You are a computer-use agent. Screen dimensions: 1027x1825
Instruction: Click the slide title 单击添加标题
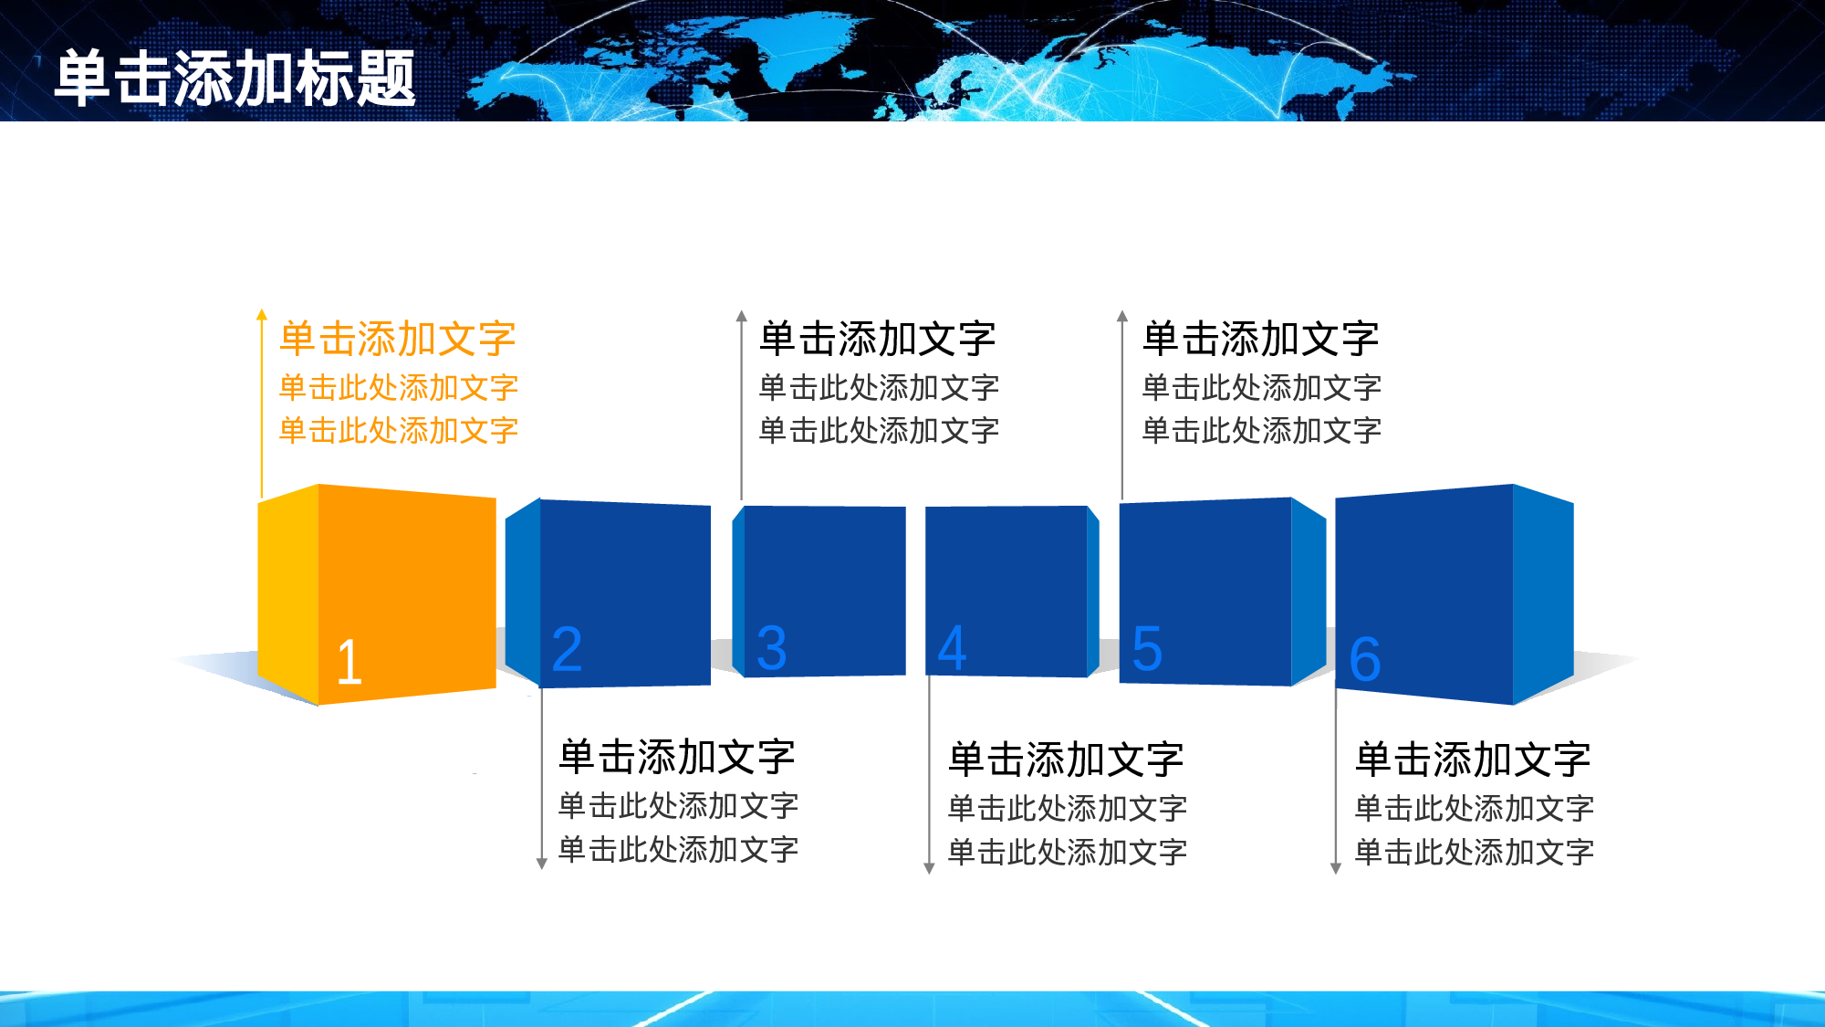pos(235,79)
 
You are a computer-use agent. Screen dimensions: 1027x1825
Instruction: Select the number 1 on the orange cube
pos(349,662)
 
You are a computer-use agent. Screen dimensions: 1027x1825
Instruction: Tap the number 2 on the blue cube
pos(567,649)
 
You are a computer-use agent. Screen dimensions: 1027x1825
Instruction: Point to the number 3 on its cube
pos(771,648)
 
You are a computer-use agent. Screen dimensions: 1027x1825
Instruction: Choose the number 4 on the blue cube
pos(952,648)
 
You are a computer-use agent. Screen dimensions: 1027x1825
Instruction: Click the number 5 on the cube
pos(1147,649)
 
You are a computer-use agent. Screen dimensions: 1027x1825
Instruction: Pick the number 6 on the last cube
pos(1365,659)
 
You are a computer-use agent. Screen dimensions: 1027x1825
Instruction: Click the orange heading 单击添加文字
pos(398,339)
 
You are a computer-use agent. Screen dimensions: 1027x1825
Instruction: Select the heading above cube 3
pos(877,339)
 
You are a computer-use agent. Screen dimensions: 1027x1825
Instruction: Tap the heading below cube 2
pos(677,757)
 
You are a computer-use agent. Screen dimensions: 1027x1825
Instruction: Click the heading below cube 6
pos(1473,760)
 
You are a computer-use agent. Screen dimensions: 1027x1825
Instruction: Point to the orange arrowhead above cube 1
pos(262,315)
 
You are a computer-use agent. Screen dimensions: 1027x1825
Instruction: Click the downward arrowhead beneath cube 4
pos(929,868)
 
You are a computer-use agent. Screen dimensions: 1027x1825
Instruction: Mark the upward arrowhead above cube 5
pos(1122,316)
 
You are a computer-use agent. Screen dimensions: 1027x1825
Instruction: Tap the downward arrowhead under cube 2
pos(541,864)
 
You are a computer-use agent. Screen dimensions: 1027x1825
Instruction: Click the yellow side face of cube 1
pos(288,593)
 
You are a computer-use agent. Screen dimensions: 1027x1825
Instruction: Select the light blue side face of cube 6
pos(1543,593)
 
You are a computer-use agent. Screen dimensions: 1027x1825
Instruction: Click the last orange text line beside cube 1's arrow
pos(399,430)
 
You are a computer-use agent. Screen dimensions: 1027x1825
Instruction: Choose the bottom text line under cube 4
pos(1068,853)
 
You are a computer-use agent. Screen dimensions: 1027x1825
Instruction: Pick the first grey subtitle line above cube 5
pos(1262,387)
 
